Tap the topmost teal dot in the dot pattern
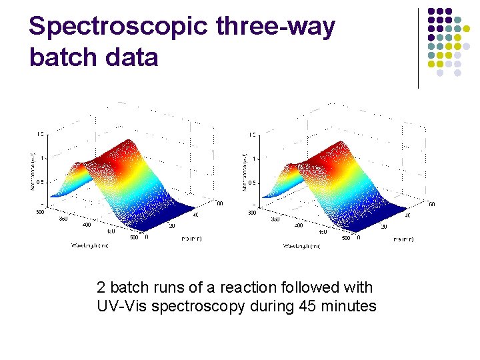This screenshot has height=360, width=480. pos(457,20)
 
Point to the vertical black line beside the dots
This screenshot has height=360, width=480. pos(418,48)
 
